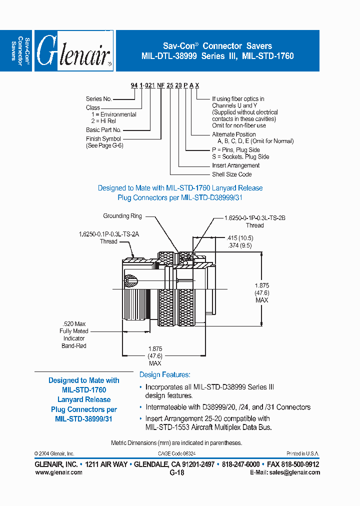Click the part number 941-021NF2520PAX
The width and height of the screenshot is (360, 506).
[164, 86]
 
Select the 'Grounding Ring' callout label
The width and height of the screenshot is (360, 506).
[122, 216]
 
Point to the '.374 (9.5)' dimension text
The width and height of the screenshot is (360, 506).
[238, 245]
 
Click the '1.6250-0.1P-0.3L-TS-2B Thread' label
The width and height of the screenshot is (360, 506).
[254, 221]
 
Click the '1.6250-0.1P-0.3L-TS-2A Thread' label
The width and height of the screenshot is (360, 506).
[108, 237]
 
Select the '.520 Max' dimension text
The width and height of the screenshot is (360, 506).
[73, 323]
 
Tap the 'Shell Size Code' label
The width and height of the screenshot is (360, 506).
[231, 174]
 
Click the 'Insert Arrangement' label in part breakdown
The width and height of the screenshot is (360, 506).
[235, 165]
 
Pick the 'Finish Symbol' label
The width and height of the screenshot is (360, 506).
[103, 139]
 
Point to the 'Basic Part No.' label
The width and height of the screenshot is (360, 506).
[103, 130]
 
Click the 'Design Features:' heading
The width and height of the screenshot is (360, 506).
[164, 374]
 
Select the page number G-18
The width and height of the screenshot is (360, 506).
[177, 472]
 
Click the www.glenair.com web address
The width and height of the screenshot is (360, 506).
[58, 472]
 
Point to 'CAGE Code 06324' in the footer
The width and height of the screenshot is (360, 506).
[177, 453]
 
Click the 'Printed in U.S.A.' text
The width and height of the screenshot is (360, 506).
[303, 453]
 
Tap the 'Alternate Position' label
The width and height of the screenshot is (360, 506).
[233, 134]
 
